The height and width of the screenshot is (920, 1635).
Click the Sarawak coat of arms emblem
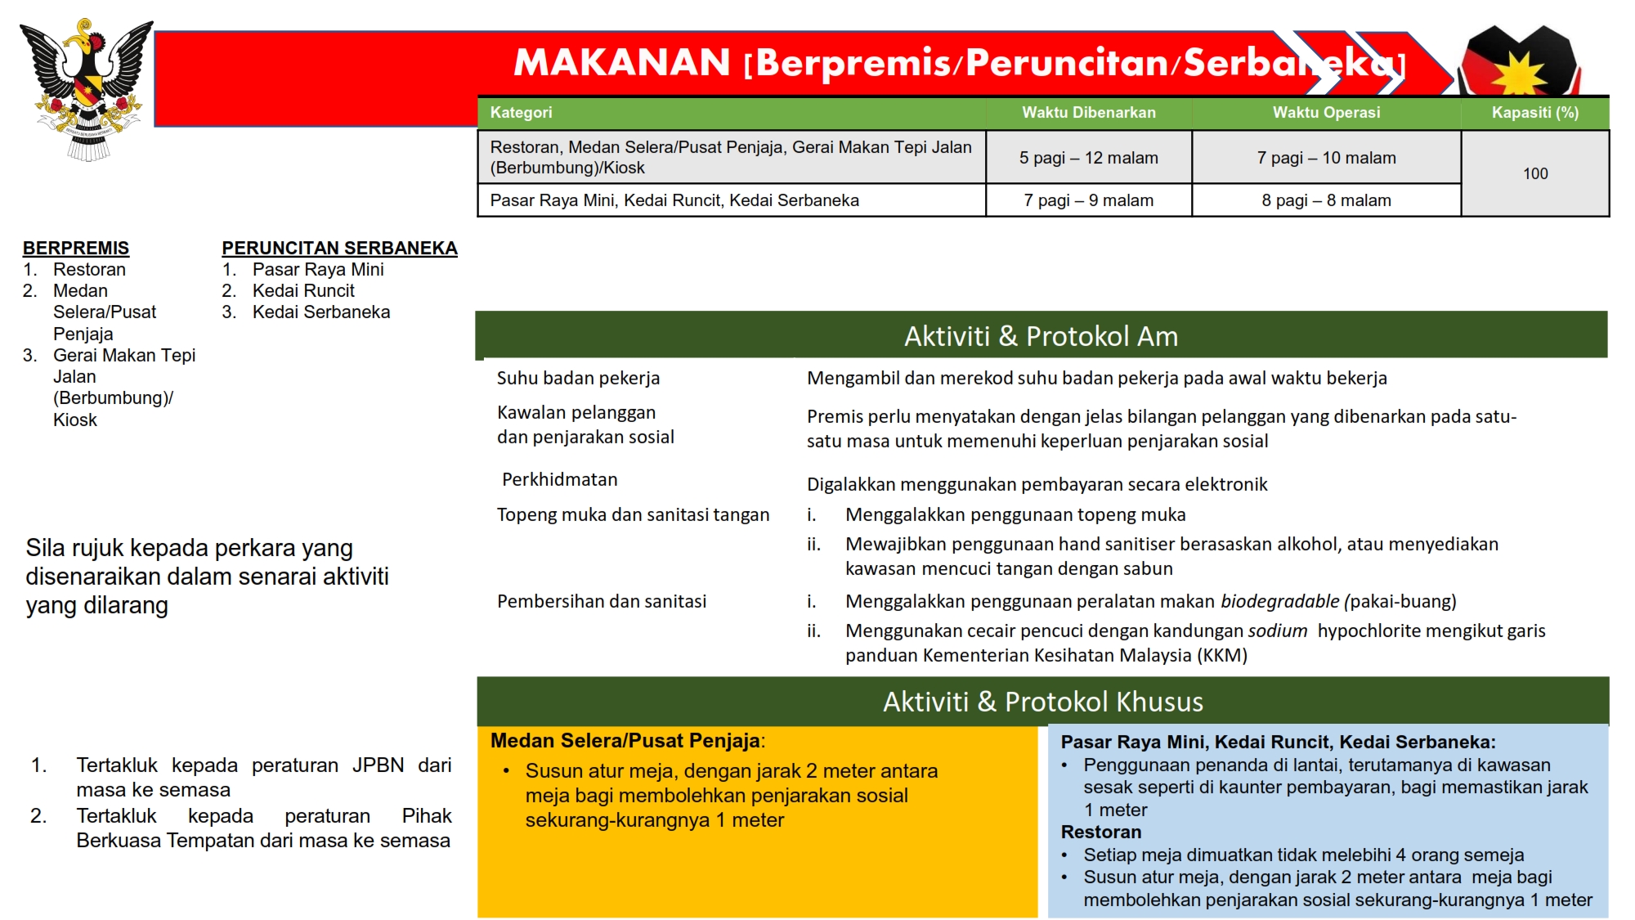pyautogui.click(x=87, y=90)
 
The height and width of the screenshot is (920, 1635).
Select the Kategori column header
pyautogui.click(x=521, y=113)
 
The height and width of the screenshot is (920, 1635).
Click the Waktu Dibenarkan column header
pyautogui.click(x=1088, y=113)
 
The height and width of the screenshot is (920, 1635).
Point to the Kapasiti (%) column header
pyautogui.click(x=1534, y=113)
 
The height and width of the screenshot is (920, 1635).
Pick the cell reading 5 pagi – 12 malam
pyautogui.click(x=1088, y=158)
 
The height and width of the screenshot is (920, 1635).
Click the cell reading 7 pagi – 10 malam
pyautogui.click(x=1326, y=158)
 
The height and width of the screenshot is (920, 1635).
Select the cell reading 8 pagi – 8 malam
pyautogui.click(x=1326, y=200)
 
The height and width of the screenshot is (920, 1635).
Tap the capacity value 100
pyautogui.click(x=1534, y=173)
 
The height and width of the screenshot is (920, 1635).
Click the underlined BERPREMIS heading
pyautogui.click(x=76, y=248)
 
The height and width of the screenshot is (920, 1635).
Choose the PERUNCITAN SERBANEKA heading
pyautogui.click(x=339, y=248)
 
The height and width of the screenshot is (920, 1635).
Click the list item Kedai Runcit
pyautogui.click(x=303, y=290)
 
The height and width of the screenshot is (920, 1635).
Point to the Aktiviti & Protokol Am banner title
pyautogui.click(x=1041, y=336)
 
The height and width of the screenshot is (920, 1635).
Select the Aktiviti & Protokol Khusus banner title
pyautogui.click(x=1042, y=702)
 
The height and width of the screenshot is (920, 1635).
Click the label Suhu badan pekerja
pyautogui.click(x=578, y=378)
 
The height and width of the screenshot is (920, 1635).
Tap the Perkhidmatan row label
pyautogui.click(x=559, y=479)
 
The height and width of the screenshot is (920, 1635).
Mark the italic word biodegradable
pyautogui.click(x=1279, y=602)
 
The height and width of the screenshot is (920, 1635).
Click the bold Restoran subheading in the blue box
pyautogui.click(x=1101, y=832)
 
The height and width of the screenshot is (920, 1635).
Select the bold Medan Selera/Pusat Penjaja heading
pyautogui.click(x=625, y=741)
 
